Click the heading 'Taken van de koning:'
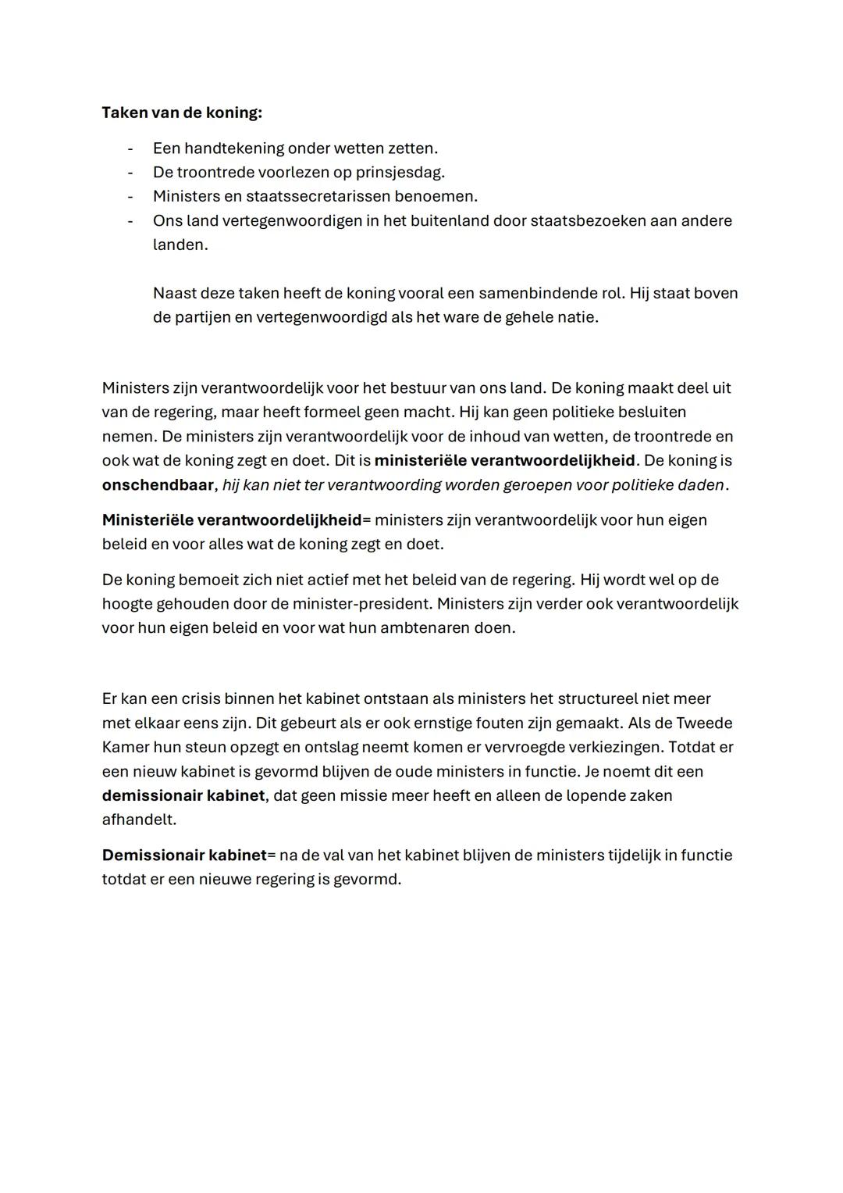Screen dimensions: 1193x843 tap(182, 113)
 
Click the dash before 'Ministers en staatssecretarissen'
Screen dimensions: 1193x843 tap(130, 196)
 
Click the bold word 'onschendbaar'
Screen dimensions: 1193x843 tap(157, 485)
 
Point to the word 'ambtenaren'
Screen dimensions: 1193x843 tap(425, 628)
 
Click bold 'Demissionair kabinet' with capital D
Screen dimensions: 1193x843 tap(184, 855)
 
